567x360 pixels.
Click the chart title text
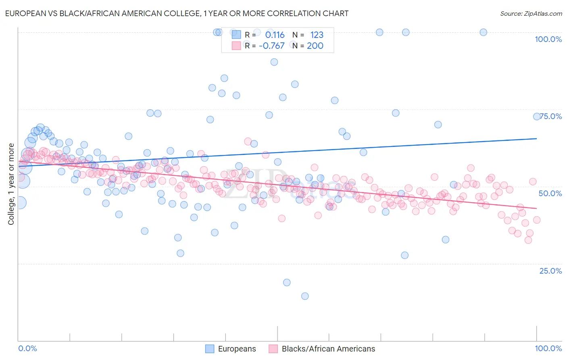point(177,13)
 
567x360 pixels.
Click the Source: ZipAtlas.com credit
point(531,13)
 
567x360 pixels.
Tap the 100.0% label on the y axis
point(548,39)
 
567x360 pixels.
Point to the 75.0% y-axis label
point(550,116)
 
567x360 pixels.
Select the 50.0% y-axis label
point(550,193)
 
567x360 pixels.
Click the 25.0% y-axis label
point(550,271)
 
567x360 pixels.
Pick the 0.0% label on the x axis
point(27,348)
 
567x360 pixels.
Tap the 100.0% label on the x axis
point(548,348)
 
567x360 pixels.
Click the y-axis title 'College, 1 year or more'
point(11,184)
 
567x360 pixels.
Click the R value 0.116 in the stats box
point(275,35)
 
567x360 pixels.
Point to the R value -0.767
point(272,46)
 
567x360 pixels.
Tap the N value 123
point(317,35)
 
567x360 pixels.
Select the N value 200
point(315,46)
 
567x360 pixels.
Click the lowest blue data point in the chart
point(305,296)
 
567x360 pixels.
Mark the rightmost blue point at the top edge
point(483,32)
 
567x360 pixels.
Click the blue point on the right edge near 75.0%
point(537,117)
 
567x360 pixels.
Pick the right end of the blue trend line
point(536,138)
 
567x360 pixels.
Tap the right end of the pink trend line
point(536,208)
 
